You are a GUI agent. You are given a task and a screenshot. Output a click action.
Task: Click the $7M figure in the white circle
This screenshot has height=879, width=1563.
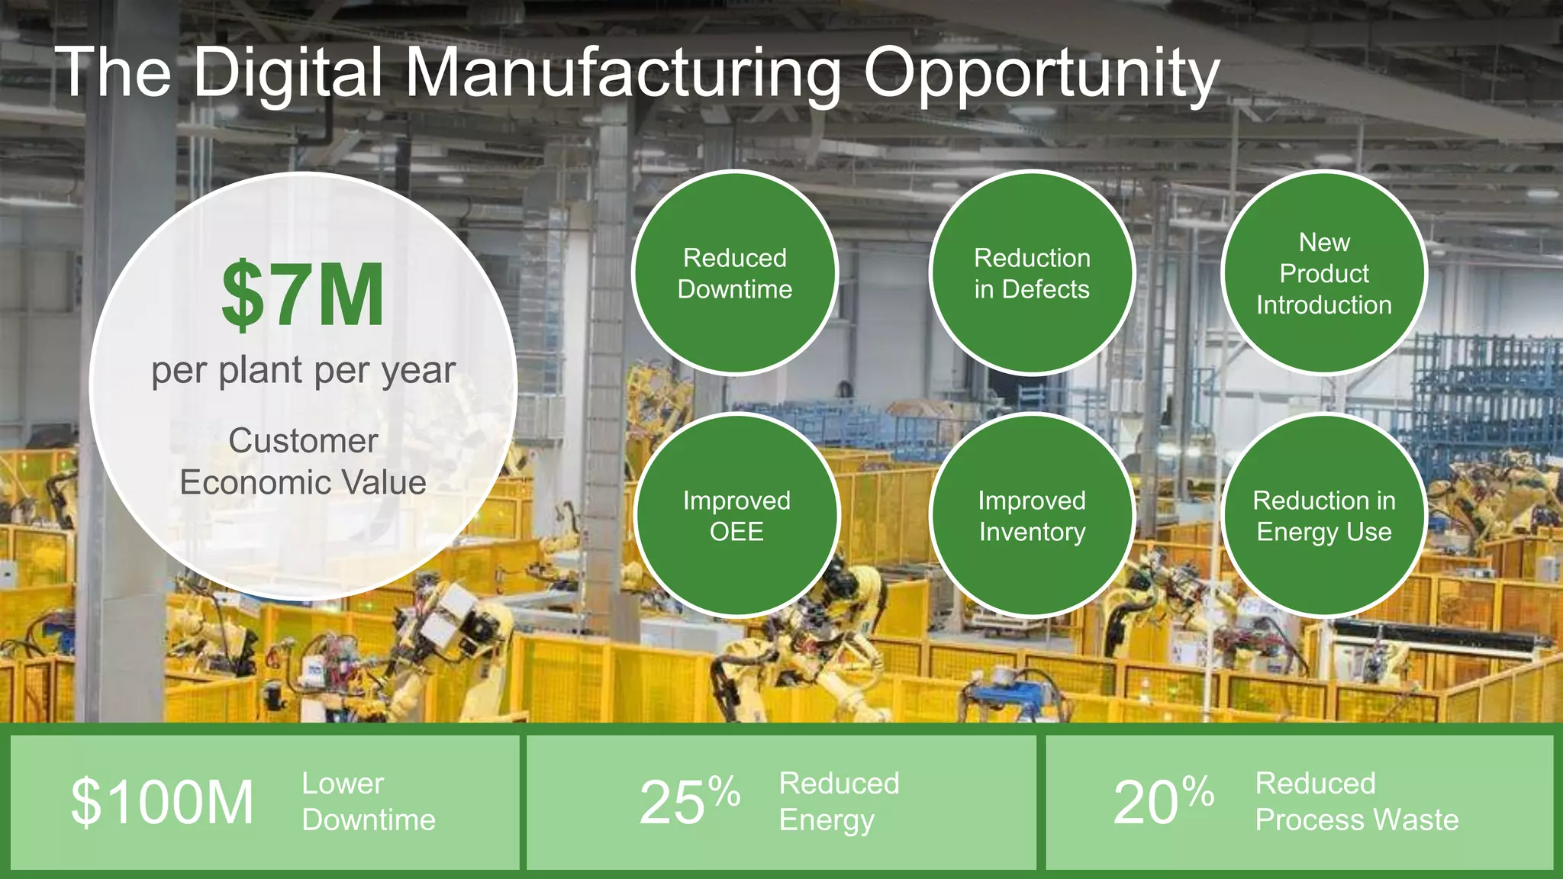(303, 295)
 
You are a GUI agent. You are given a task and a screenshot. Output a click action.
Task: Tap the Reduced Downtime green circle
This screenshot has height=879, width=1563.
(735, 273)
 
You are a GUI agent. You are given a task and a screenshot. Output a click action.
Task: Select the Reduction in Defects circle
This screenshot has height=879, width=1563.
(1032, 273)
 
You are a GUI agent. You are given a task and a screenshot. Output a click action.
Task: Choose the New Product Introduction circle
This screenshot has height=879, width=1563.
(1324, 273)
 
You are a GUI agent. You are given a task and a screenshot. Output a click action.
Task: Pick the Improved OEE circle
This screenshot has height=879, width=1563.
(736, 516)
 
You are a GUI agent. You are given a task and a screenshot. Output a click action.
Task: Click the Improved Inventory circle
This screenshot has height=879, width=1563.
(1032, 516)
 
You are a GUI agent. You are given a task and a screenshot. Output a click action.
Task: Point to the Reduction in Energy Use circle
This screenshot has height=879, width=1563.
(1324, 516)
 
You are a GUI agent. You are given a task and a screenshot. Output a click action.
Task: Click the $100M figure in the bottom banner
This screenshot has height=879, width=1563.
(163, 802)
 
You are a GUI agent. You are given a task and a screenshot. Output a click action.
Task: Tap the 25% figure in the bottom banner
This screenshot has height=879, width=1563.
(688, 801)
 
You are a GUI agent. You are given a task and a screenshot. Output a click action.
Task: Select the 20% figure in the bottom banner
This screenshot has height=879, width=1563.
(1162, 801)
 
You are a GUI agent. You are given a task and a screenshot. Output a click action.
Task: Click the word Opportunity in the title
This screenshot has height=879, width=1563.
(1041, 74)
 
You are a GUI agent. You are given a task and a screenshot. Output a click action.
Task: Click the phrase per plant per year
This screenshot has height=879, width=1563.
(303, 372)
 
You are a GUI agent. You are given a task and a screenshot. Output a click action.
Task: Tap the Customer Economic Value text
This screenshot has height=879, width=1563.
(303, 462)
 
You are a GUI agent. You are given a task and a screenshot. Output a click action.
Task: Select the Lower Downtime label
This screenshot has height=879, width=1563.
(369, 801)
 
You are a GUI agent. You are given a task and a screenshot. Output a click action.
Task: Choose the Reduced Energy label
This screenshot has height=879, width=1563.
(839, 801)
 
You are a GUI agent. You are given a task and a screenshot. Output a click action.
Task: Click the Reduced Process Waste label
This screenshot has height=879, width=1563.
(1356, 801)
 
